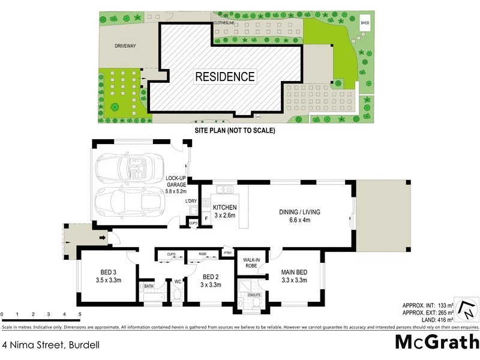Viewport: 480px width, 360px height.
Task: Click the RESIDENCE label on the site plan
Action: [224, 77]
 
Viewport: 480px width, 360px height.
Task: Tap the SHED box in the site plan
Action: [364, 23]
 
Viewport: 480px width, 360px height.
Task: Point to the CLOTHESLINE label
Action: [223, 23]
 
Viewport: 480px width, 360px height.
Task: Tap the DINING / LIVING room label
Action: [294, 216]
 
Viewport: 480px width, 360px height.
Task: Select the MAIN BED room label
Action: [294, 276]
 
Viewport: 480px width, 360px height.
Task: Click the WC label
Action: [177, 281]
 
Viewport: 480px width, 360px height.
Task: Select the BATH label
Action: [149, 287]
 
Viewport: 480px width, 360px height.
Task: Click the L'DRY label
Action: [191, 200]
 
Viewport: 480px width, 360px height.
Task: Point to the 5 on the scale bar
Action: [79, 314]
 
